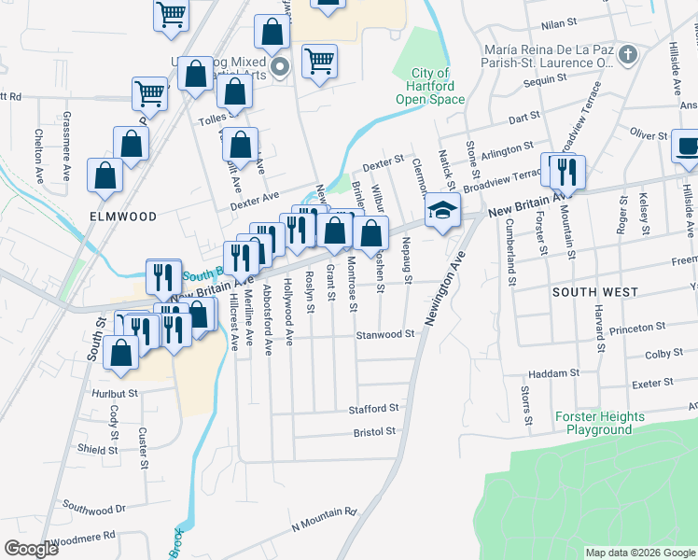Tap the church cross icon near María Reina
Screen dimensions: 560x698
click(x=628, y=54)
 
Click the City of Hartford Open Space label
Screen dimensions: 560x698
click(x=430, y=86)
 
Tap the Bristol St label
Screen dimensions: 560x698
click(x=374, y=432)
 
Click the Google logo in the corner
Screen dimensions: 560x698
click(x=31, y=549)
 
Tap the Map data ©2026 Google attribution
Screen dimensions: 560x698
click(x=640, y=553)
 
